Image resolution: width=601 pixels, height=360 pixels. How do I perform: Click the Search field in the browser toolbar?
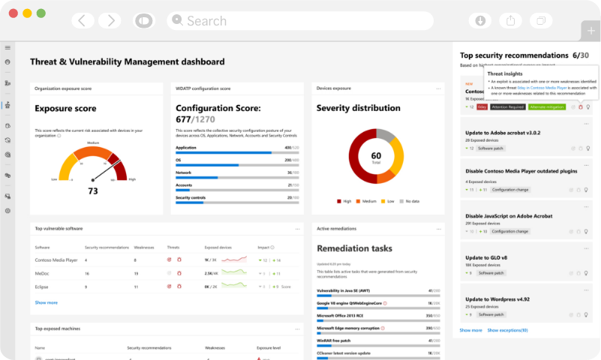pyautogui.click(x=300, y=21)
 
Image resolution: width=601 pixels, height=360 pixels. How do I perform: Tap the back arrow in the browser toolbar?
pyautogui.click(x=82, y=21)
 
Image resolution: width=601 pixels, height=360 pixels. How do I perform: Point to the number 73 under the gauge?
pyautogui.click(x=93, y=191)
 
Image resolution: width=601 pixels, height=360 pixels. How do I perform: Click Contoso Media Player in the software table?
pyautogui.click(x=56, y=259)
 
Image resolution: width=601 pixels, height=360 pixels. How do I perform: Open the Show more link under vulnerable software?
pyautogui.click(x=46, y=302)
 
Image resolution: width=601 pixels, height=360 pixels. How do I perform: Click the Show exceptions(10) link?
pyautogui.click(x=507, y=330)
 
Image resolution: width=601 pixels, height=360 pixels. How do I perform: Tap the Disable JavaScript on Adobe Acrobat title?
pyautogui.click(x=509, y=216)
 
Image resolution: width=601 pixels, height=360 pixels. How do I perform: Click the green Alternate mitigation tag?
pyautogui.click(x=546, y=107)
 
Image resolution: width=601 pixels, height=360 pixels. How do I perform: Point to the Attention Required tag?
pyautogui.click(x=507, y=107)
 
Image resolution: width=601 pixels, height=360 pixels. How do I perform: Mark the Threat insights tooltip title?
pyautogui.click(x=505, y=74)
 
